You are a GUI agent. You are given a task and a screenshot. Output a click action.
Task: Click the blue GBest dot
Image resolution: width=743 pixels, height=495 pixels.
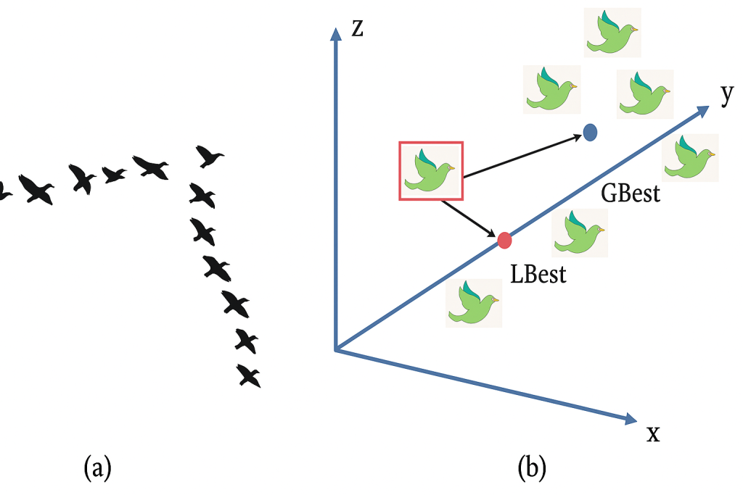click(x=590, y=133)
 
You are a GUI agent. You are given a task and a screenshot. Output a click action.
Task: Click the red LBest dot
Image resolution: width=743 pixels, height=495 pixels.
click(x=504, y=239)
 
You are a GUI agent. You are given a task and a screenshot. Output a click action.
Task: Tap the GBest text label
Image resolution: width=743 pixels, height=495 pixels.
click(x=631, y=194)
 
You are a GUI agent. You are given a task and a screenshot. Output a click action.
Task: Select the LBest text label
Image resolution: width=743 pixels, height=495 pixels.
click(x=538, y=275)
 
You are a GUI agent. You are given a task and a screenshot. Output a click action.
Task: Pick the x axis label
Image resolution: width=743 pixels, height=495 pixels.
click(x=653, y=433)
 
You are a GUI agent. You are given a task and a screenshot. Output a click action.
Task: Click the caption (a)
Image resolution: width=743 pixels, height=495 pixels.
click(x=98, y=467)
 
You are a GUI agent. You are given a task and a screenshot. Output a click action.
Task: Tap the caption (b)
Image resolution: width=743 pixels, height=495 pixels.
click(x=531, y=467)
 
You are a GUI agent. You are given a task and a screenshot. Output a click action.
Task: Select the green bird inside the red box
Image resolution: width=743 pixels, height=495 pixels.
click(x=430, y=171)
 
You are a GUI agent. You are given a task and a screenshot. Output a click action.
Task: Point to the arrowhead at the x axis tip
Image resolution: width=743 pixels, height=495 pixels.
click(x=629, y=418)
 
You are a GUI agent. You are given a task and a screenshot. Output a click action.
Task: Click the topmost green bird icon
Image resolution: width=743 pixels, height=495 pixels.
click(x=613, y=33)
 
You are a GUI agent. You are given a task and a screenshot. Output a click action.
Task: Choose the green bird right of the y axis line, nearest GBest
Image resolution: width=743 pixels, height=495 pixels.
click(x=691, y=157)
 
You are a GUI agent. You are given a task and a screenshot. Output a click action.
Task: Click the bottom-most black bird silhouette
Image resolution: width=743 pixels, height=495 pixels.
click(x=249, y=376)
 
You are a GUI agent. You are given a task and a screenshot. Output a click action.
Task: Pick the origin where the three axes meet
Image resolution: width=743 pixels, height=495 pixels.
click(x=334, y=351)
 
